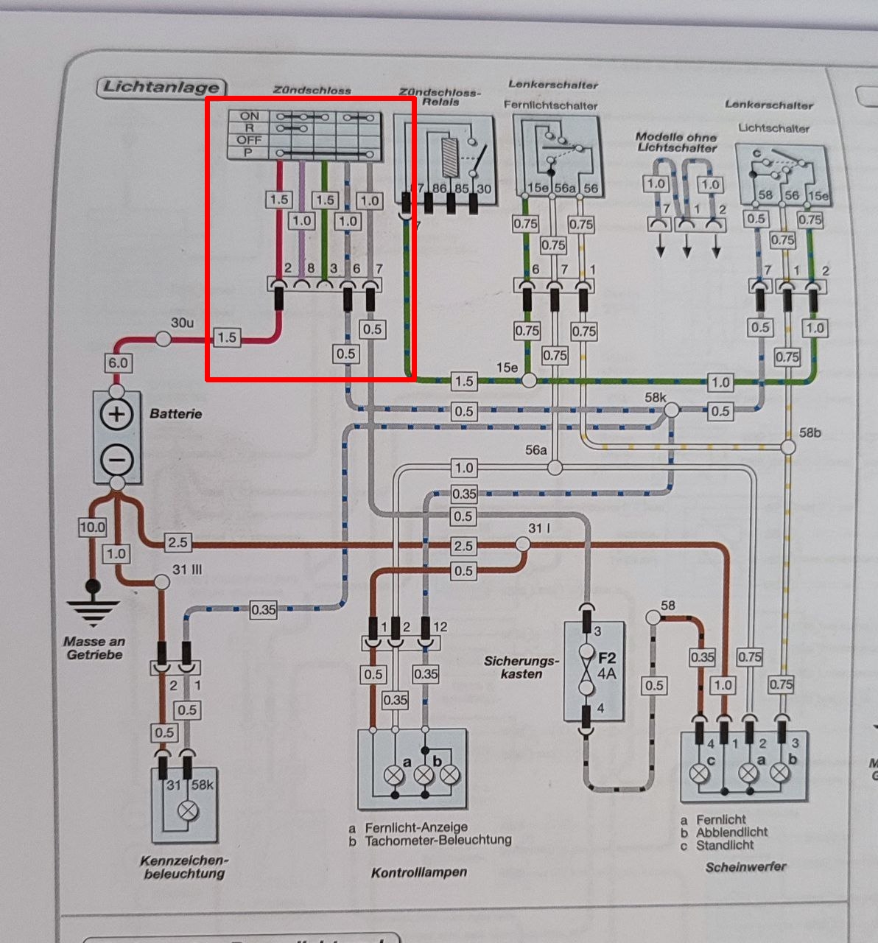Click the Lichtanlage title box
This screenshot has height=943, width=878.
[161, 87]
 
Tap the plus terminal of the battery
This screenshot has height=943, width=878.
[116, 414]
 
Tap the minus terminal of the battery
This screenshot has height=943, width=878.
[116, 460]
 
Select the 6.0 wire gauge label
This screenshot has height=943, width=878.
[118, 362]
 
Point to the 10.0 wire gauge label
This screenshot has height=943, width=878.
[92, 527]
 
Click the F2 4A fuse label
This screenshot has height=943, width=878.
[606, 665]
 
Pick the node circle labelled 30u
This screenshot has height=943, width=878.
[162, 338]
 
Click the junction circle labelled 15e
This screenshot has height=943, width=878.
[529, 380]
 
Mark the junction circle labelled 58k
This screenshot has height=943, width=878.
[672, 410]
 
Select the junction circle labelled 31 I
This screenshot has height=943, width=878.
[521, 544]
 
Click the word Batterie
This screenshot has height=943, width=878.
[175, 414]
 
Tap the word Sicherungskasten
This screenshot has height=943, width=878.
[521, 667]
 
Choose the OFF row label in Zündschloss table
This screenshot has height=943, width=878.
[249, 140]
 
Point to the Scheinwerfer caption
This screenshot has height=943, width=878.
[745, 867]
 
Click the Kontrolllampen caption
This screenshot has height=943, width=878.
[419, 872]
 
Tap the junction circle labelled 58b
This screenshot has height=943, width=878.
[788, 446]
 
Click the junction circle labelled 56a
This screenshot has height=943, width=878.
[555, 467]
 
